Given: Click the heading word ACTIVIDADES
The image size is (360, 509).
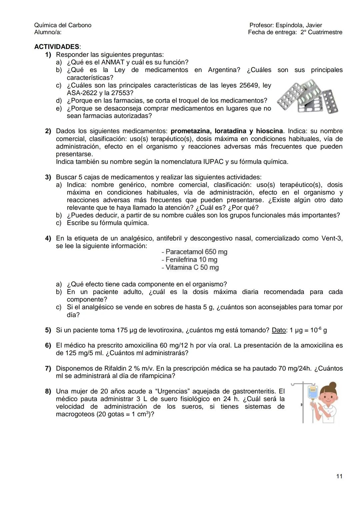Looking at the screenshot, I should (x=57, y=47).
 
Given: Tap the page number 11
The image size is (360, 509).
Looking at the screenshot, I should (x=339, y=476).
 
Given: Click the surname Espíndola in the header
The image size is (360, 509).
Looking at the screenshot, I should (x=289, y=25).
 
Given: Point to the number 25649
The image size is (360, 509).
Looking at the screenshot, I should (x=250, y=85).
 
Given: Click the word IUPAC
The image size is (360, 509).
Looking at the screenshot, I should (x=213, y=162).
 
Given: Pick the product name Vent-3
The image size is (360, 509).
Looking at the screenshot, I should (x=331, y=238).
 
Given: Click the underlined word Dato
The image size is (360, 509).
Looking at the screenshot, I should (x=279, y=330).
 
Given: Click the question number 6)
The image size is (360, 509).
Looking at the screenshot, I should (x=48, y=346).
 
